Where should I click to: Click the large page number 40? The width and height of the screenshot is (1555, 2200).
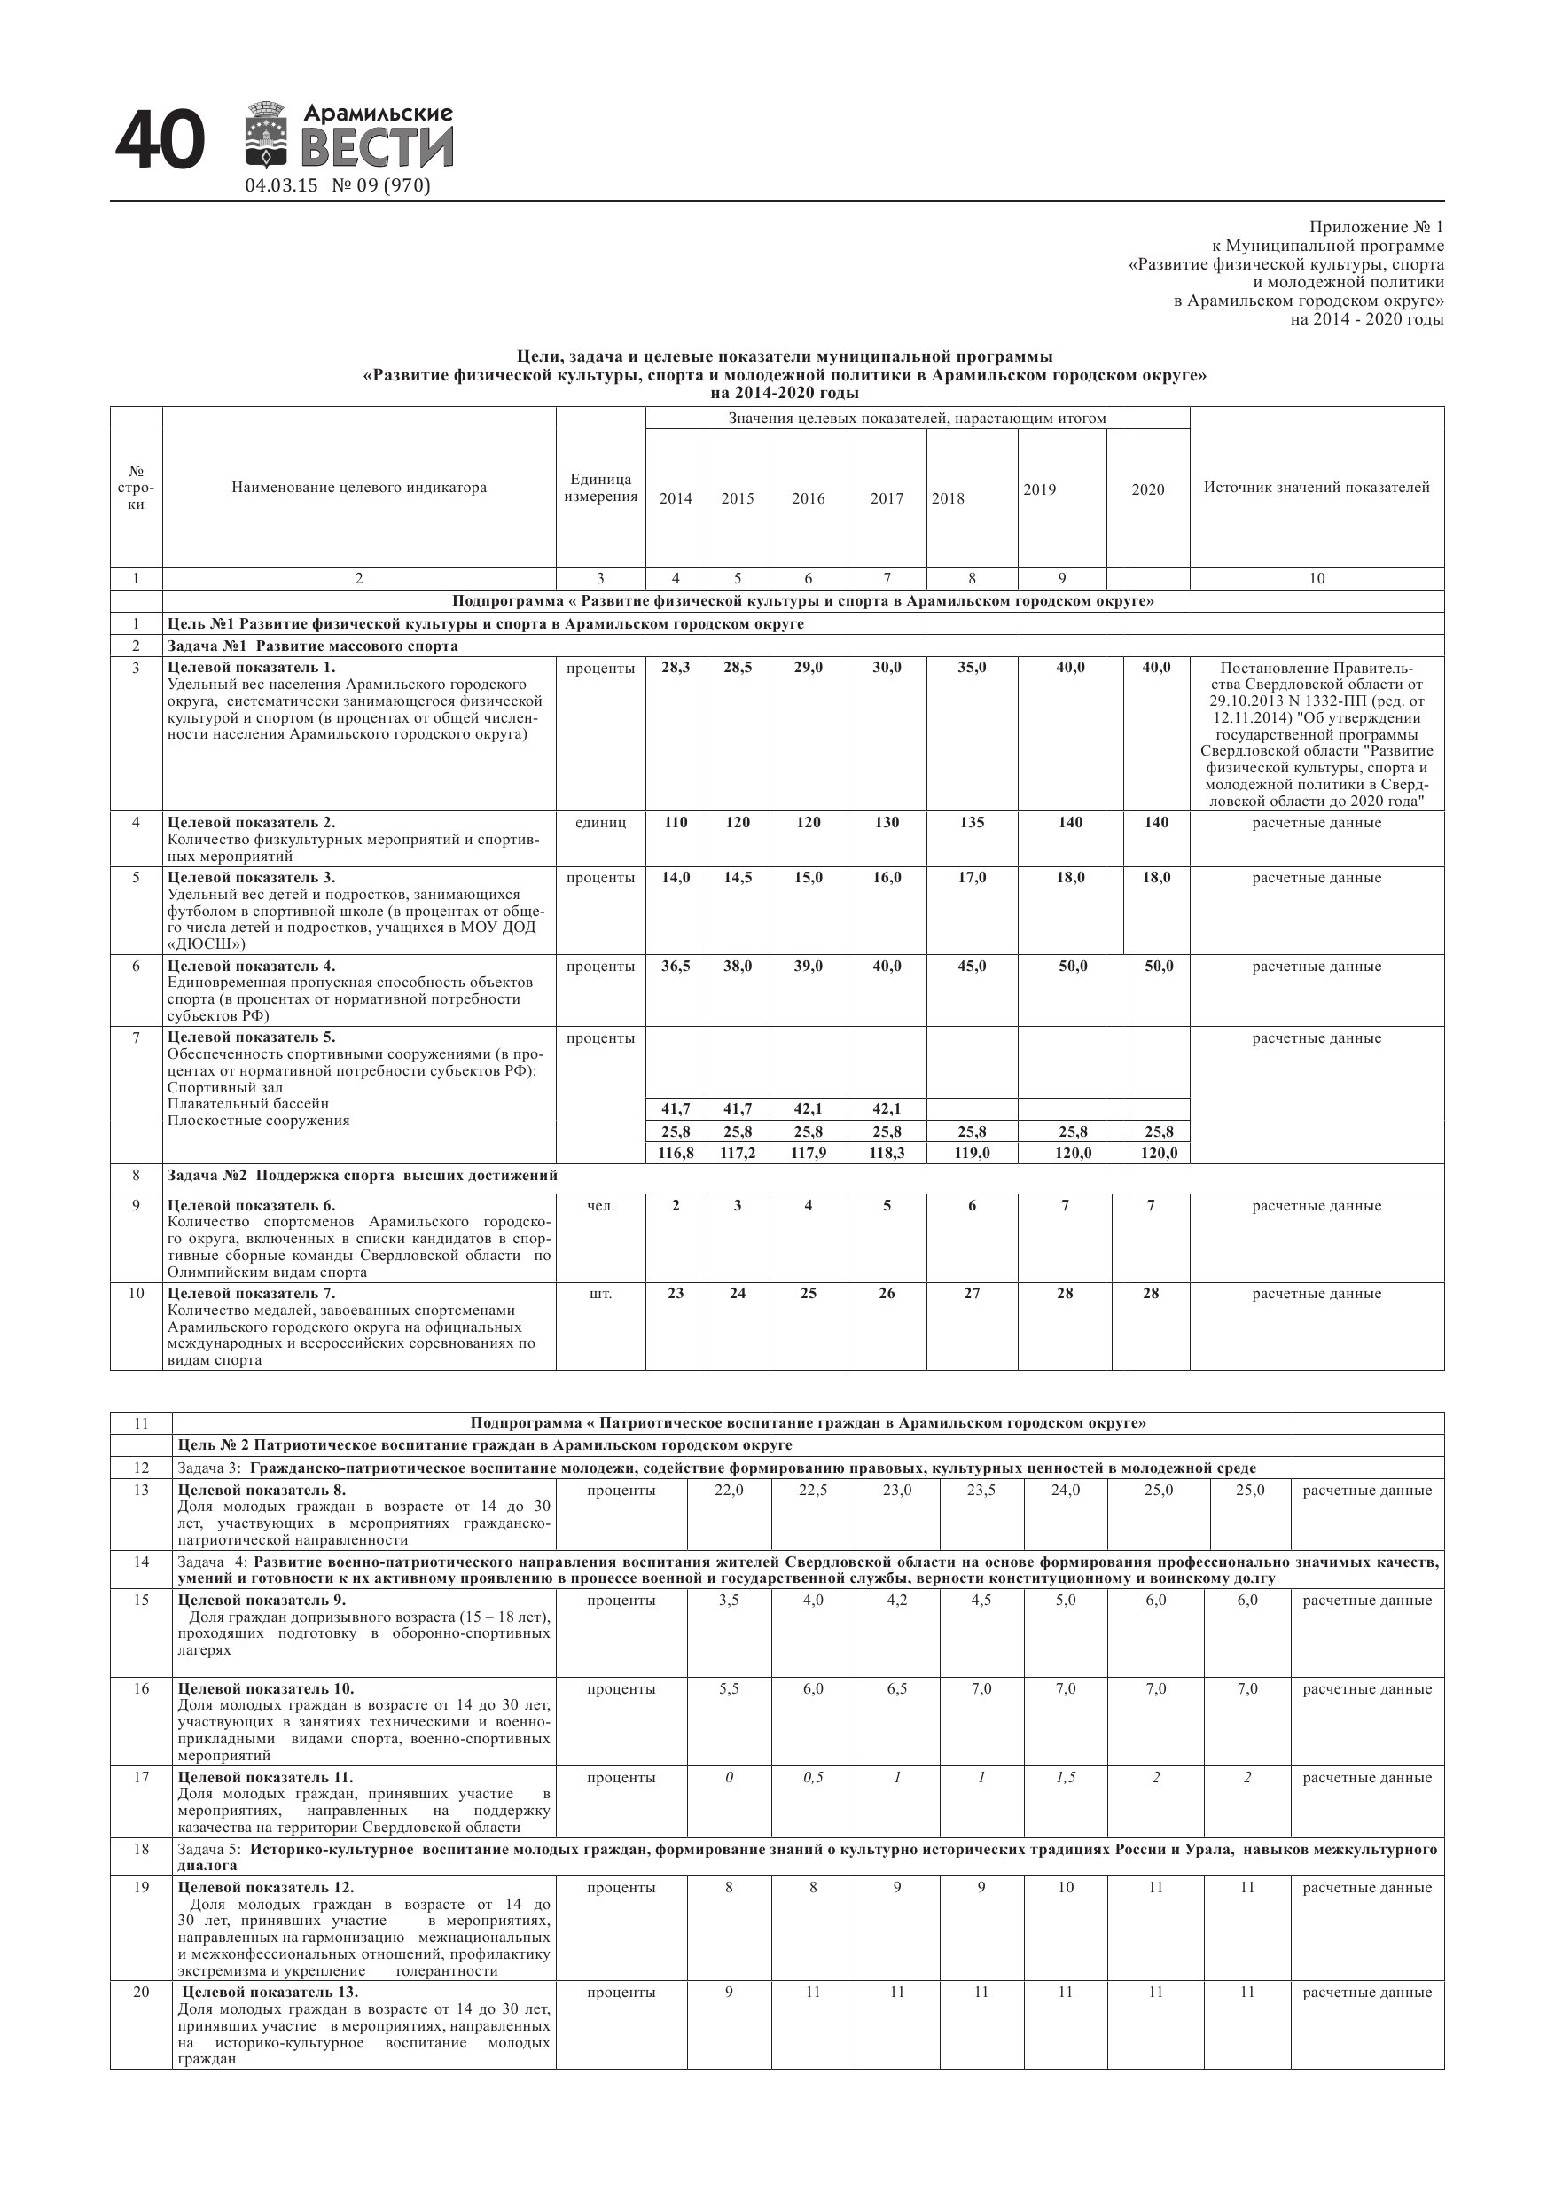(x=160, y=141)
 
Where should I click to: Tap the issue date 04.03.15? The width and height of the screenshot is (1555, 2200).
(x=281, y=186)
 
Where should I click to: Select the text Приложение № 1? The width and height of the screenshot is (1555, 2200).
(x=1375, y=227)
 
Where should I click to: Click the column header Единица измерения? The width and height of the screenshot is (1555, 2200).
(x=601, y=488)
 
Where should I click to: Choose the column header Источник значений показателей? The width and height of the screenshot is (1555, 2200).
(x=1317, y=487)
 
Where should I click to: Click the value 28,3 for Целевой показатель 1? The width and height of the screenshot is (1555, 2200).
(x=676, y=667)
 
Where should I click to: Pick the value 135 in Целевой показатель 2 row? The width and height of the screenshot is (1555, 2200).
(x=972, y=822)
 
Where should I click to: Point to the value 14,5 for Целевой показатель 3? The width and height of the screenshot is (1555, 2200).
(x=737, y=877)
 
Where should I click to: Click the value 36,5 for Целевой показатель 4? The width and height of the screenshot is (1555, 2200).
(x=676, y=966)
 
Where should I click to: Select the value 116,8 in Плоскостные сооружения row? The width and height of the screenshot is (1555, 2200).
(x=676, y=1153)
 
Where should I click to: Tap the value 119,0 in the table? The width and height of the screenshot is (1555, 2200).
(x=972, y=1153)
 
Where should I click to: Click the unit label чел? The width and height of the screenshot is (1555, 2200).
(x=601, y=1205)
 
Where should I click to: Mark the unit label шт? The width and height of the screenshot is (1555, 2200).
(x=601, y=1294)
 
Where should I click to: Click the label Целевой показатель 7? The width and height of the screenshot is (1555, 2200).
(x=251, y=1294)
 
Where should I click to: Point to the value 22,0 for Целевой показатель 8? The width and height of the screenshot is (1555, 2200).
(x=729, y=1490)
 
